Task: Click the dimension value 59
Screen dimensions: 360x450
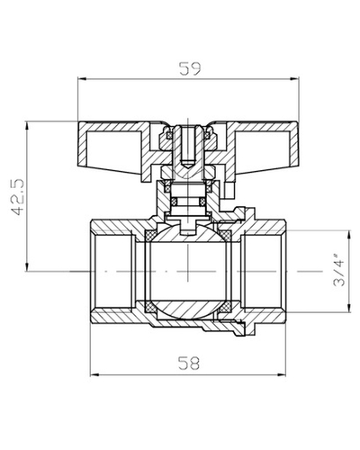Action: (x=189, y=68)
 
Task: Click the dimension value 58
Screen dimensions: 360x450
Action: (x=188, y=364)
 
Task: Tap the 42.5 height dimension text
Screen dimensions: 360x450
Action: (x=17, y=197)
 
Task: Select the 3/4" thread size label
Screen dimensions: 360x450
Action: (x=339, y=270)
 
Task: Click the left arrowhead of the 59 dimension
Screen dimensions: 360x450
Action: (x=82, y=79)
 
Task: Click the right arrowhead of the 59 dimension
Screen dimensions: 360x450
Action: (x=294, y=79)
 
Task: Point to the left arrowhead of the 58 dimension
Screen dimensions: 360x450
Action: (x=94, y=374)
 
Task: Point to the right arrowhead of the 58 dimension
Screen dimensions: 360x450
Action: (x=282, y=374)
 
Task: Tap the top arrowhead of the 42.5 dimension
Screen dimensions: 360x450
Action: (x=27, y=126)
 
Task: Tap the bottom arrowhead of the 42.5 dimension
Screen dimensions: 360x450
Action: (x=27, y=266)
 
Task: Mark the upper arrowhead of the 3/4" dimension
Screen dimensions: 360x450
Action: (x=349, y=235)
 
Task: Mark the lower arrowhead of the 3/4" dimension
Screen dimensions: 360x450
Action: (x=349, y=308)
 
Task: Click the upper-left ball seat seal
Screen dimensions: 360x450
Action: (x=150, y=235)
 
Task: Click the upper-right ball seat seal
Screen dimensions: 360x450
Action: (x=225, y=235)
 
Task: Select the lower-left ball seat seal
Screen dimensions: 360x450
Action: (x=150, y=308)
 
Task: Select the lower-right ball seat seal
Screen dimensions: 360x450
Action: (x=225, y=308)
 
